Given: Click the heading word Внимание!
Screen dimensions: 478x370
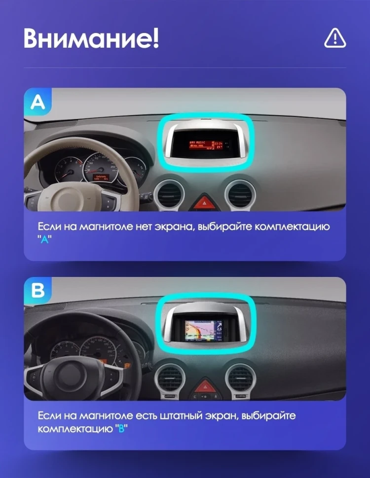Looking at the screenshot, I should [91, 38].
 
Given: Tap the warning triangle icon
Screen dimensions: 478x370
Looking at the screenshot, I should [335, 38].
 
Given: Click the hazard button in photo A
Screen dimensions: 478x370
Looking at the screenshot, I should [203, 202].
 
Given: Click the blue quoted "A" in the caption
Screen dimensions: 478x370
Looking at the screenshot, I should [44, 239].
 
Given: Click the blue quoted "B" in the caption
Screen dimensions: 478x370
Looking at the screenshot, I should [121, 428].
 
